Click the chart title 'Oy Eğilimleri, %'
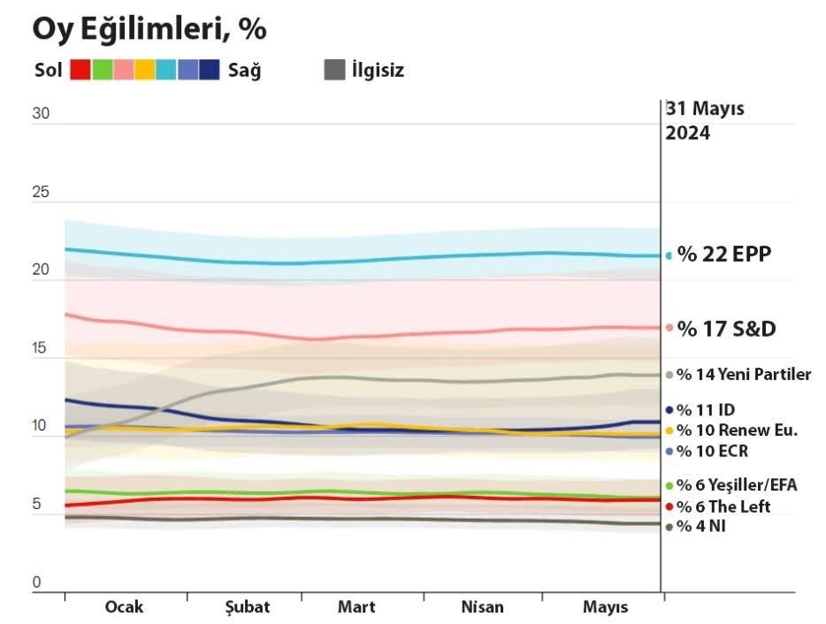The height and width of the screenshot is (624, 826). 149,29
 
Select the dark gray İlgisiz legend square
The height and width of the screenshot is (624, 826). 333,70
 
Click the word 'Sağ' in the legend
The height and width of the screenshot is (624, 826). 244,70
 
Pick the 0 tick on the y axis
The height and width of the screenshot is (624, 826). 37,582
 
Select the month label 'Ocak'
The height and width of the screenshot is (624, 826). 124,607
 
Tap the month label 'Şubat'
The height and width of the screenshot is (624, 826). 243,607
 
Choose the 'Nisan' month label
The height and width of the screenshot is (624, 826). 483,607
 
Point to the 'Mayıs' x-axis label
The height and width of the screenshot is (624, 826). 605,607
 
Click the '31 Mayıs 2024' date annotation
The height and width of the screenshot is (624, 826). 705,122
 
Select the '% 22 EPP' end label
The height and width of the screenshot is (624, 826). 723,255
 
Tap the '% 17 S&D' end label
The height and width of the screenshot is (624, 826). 726,329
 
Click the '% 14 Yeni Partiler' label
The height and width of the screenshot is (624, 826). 743,375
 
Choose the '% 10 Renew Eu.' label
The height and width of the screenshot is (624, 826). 737,430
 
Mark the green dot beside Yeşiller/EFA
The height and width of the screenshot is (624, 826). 669,485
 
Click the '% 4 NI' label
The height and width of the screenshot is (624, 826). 704,527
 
